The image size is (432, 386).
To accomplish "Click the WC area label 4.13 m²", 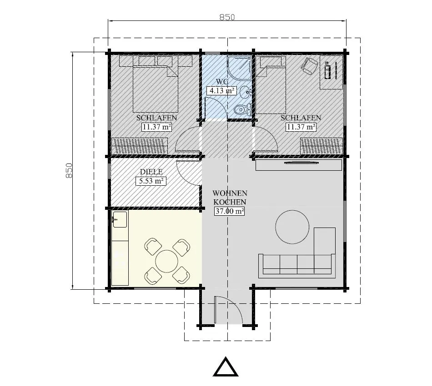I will tap(221, 90).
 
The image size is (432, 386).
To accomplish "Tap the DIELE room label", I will tap(151, 172).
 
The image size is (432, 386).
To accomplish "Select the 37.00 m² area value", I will tap(230, 211).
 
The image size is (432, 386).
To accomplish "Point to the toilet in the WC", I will tap(241, 109).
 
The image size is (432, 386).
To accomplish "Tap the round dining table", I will tap(167, 261).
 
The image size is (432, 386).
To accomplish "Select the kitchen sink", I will tap(120, 220).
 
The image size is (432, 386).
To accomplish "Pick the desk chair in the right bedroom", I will tap(309, 66).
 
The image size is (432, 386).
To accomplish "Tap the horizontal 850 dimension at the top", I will tap(227, 17).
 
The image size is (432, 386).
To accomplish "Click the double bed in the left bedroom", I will tap(155, 86).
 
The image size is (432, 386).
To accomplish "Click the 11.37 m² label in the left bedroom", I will tap(156, 127).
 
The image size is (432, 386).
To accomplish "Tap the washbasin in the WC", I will tap(245, 91).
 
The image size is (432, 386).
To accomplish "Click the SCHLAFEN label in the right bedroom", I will tap(301, 118).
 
